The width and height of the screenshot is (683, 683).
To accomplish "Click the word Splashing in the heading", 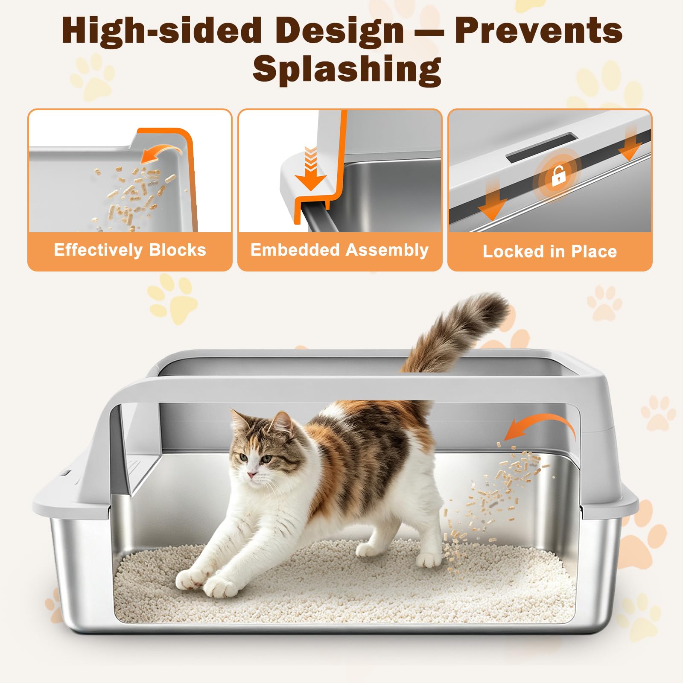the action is [347, 69].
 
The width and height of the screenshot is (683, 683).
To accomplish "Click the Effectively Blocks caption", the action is [130, 250].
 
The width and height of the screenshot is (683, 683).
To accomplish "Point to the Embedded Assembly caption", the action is [339, 250].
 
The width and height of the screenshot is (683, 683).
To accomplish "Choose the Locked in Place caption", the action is [550, 251].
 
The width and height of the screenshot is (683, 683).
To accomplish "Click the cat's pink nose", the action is [251, 475].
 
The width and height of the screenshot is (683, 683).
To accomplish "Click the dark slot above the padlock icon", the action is [542, 147].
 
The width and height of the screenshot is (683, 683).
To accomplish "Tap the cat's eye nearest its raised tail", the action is [267, 459].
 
